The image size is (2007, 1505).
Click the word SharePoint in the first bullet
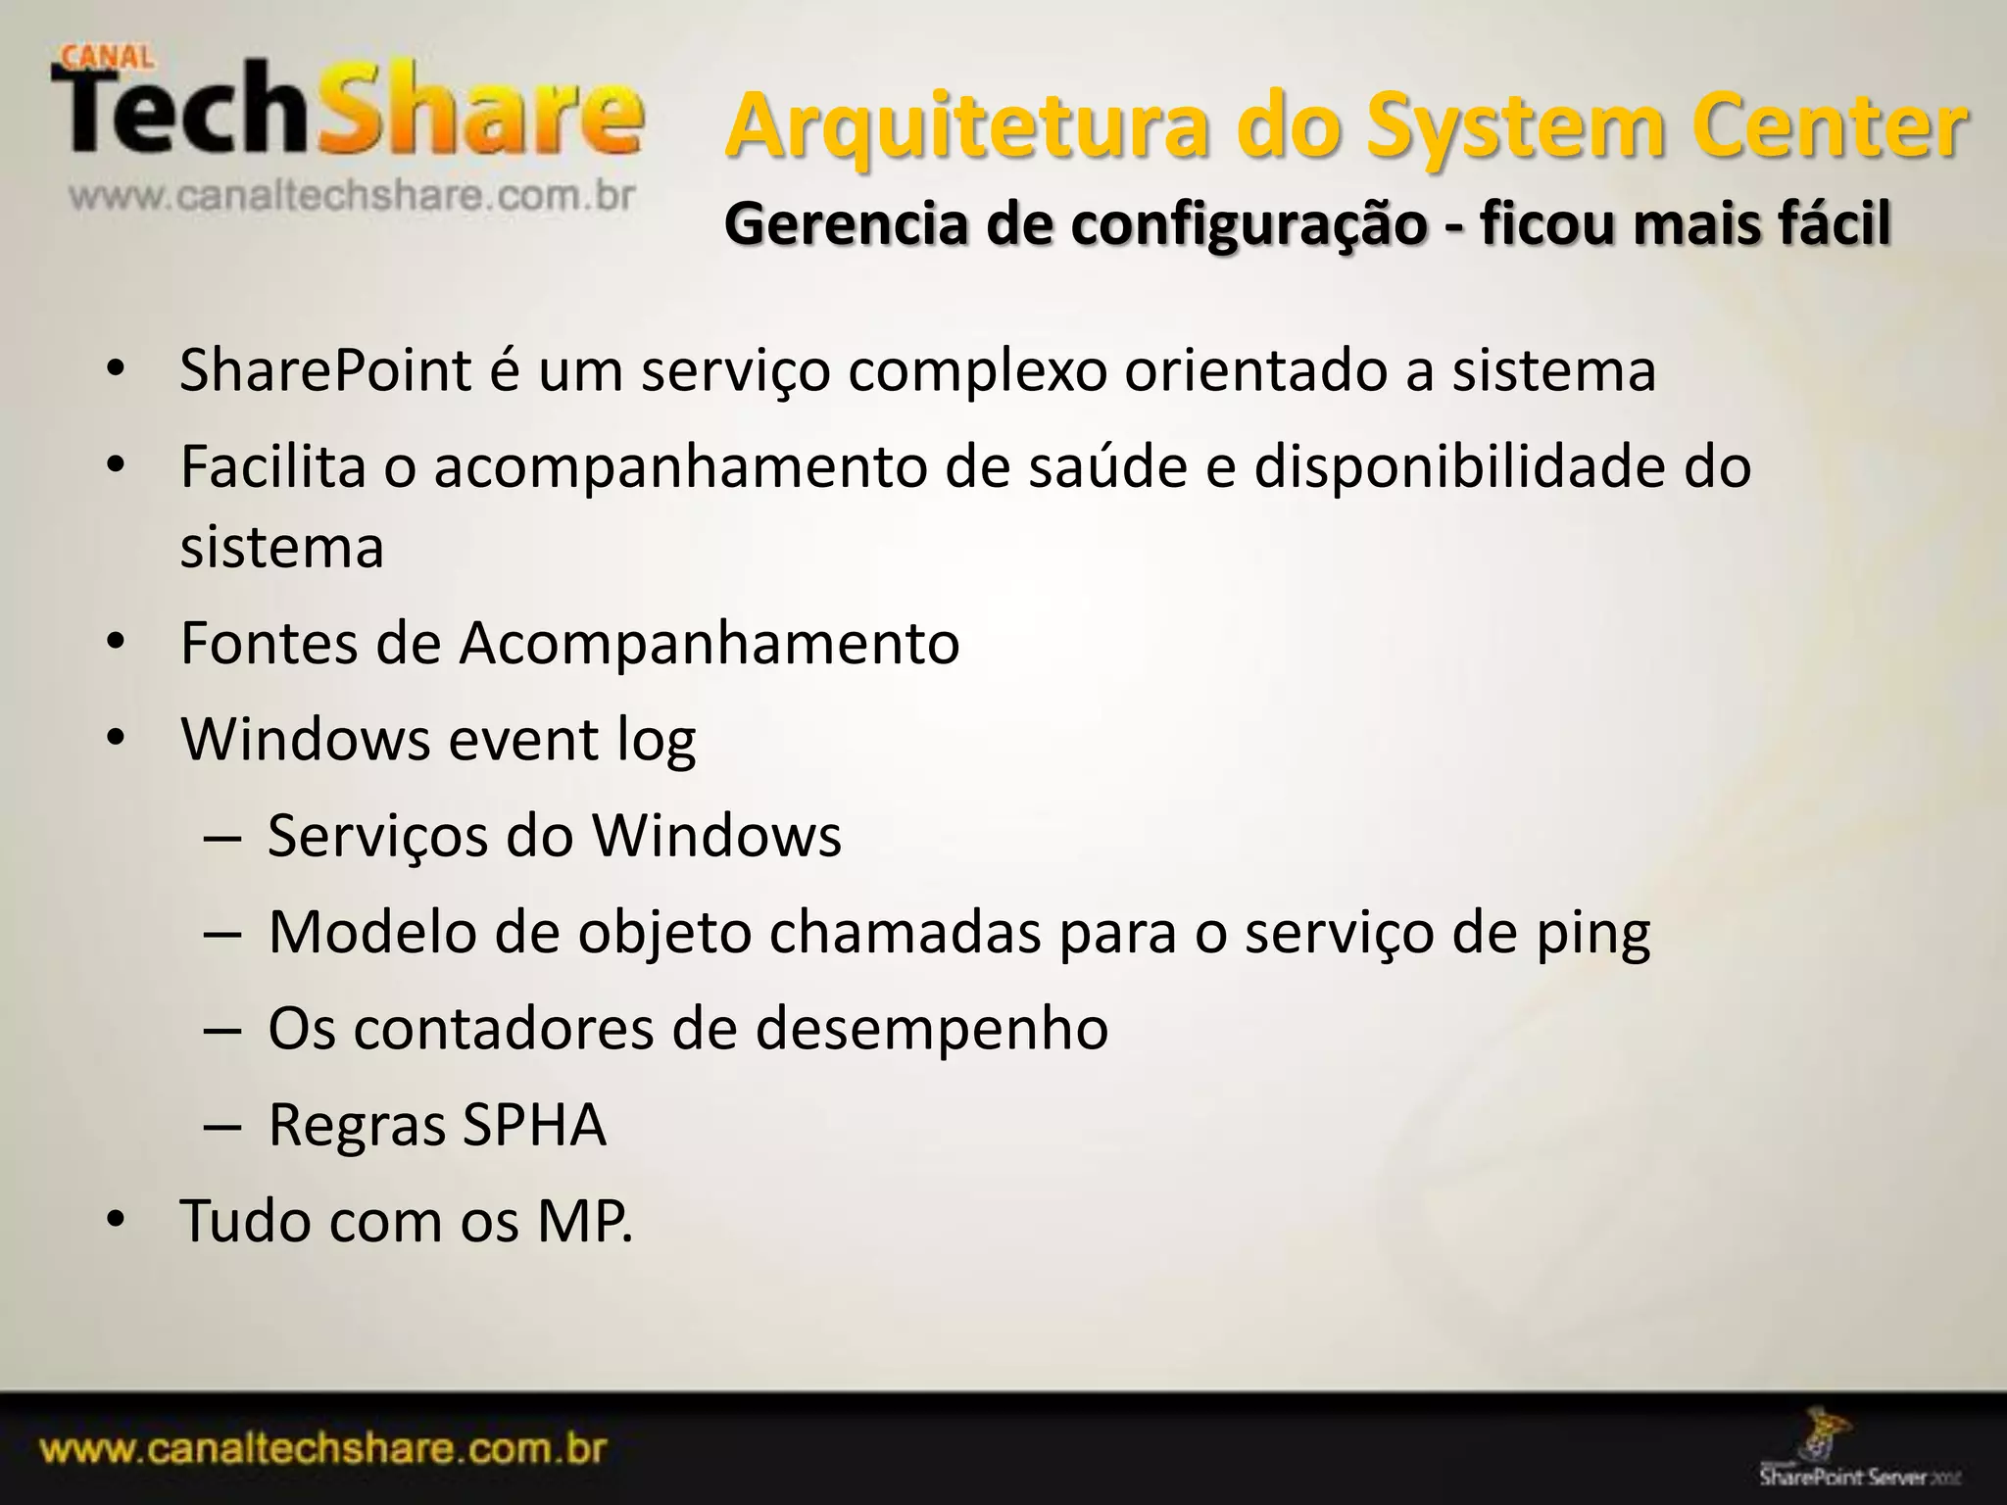(x=325, y=371)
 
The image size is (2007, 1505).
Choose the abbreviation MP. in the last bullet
(x=584, y=1221)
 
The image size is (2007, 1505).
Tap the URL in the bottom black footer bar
(x=324, y=1448)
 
